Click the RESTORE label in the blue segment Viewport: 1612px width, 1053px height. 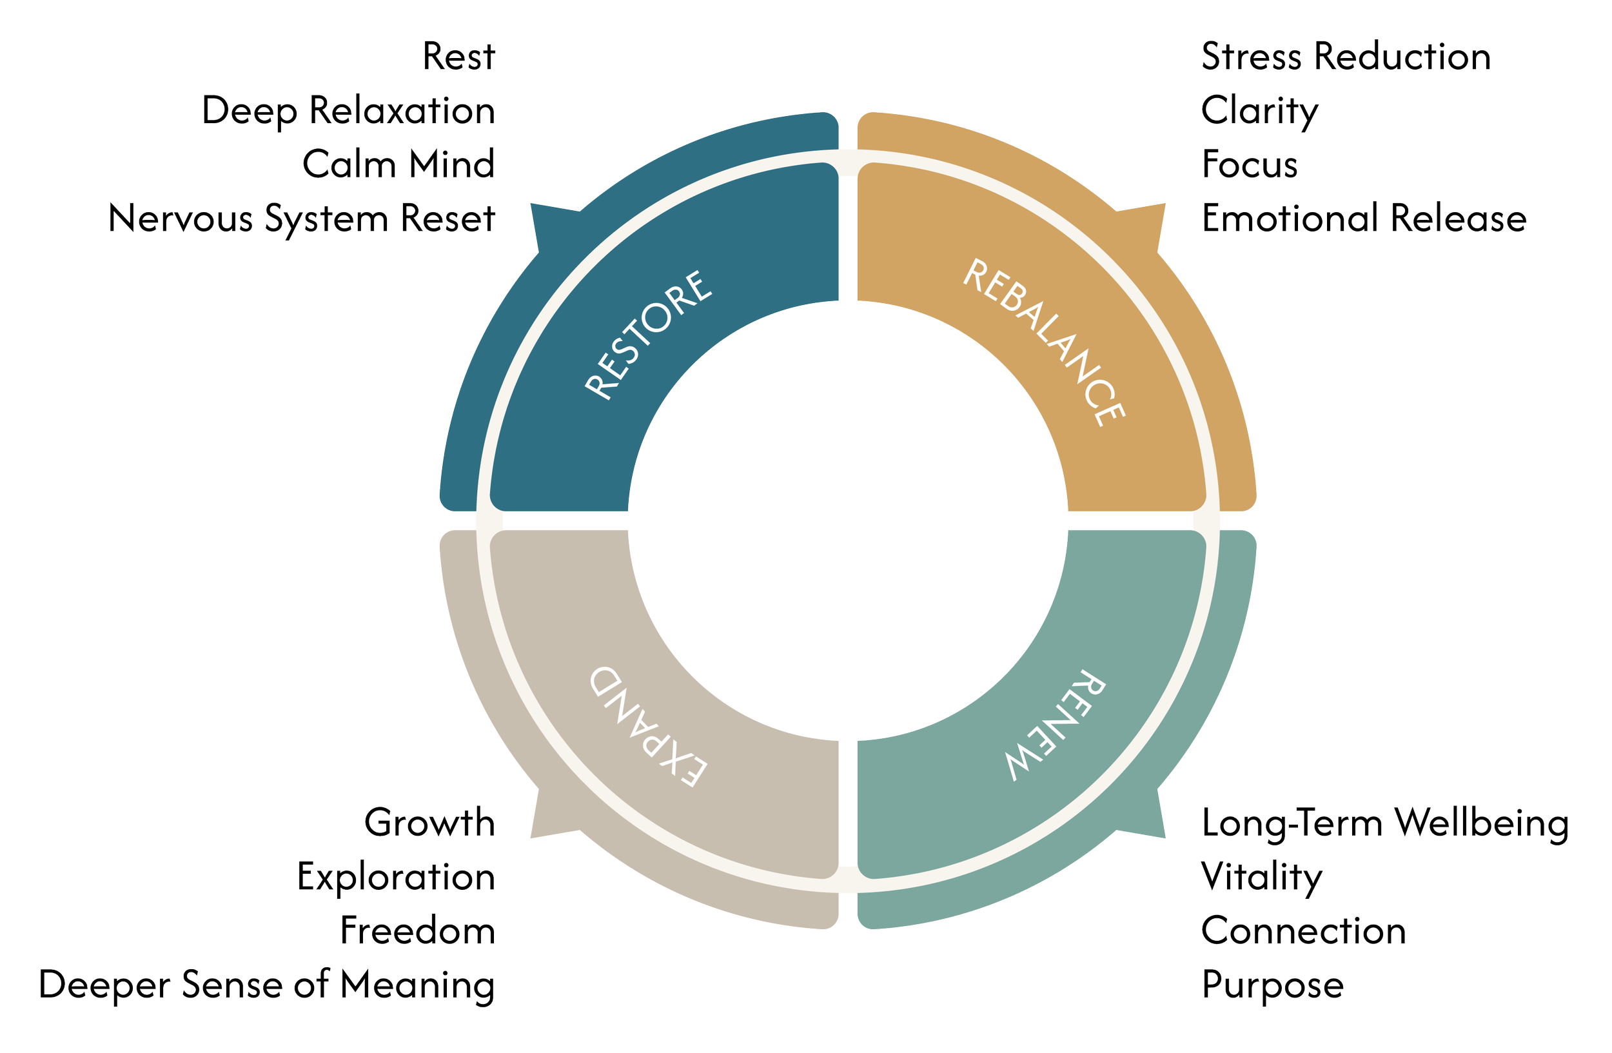tap(648, 335)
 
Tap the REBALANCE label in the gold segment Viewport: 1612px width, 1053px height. tap(1044, 342)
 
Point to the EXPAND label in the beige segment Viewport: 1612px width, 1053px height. tap(649, 727)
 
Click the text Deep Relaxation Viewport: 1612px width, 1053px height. tap(348, 110)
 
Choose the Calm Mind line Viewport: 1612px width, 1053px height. tap(398, 164)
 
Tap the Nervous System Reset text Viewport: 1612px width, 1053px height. tap(302, 219)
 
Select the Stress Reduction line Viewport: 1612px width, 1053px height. tap(1346, 56)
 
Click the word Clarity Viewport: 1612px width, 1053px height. tap(1260, 112)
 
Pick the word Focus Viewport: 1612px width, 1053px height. tap(1250, 164)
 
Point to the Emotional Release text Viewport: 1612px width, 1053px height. tap(1364, 219)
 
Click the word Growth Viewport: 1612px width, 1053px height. tap(429, 823)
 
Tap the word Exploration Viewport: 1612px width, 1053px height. tap(397, 878)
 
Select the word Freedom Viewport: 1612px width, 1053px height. tap(417, 931)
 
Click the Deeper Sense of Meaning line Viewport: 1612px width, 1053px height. tap(267, 986)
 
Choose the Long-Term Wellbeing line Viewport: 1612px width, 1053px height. tap(1385, 824)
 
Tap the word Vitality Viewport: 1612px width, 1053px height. tap(1261, 878)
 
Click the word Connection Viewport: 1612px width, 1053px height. tap(1304, 931)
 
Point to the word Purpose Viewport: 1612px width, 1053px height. tap(1273, 987)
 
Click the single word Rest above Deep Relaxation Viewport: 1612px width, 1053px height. tap(459, 57)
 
